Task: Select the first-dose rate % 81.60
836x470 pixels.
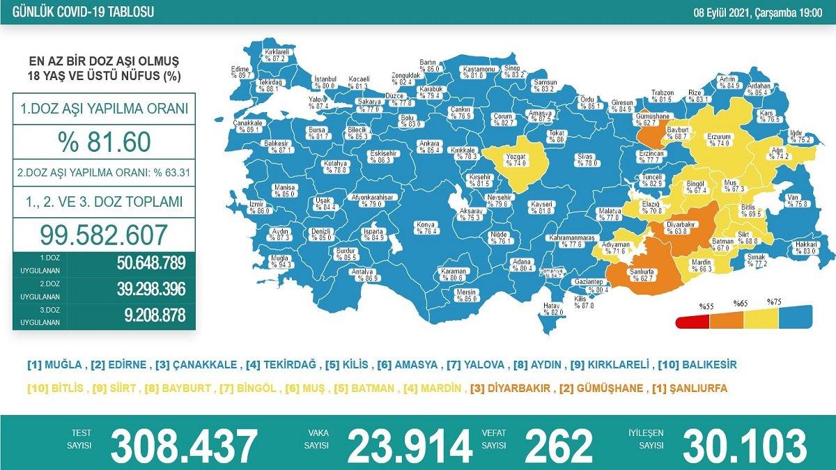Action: (x=104, y=142)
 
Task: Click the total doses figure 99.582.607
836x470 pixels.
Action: (x=104, y=234)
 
